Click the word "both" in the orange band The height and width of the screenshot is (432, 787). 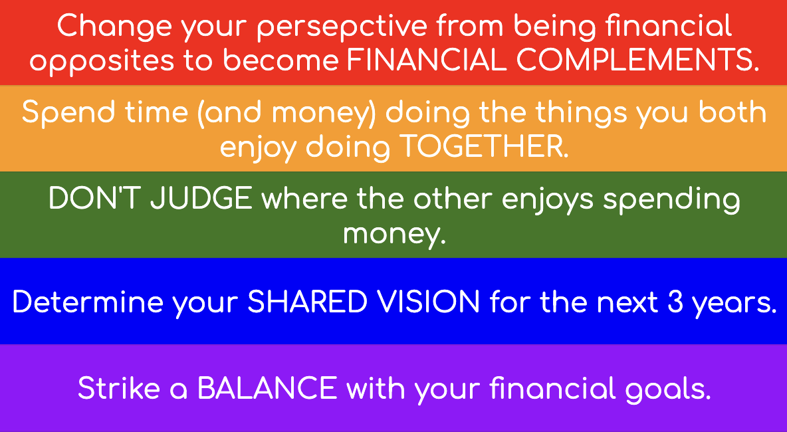click(734, 112)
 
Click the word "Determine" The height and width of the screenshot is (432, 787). click(87, 303)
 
